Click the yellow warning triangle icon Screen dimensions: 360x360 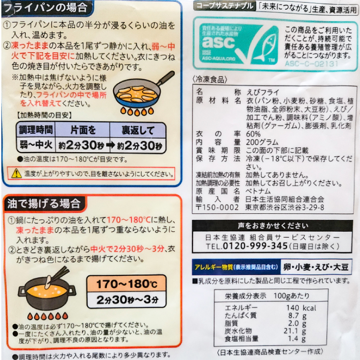(x=16, y=173)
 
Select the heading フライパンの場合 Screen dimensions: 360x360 (x=46, y=8)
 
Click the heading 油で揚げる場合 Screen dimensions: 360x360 (x=44, y=204)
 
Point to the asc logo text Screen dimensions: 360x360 (x=218, y=42)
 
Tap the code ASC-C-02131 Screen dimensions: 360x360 (x=311, y=63)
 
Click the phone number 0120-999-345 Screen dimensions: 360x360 (x=255, y=246)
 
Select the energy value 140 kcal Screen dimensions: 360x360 (x=301, y=308)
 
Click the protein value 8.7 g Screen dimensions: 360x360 (x=297, y=315)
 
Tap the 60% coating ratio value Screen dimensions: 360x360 (x=253, y=134)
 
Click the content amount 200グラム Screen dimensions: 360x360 (x=262, y=142)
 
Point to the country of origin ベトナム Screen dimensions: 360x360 (x=258, y=191)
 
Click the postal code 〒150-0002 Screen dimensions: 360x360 (x=217, y=207)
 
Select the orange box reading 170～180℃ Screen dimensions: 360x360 (x=126, y=283)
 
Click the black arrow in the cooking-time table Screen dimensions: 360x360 (x=110, y=145)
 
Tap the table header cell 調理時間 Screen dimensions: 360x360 (x=36, y=130)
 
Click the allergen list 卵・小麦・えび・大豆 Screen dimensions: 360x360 (x=316, y=267)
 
